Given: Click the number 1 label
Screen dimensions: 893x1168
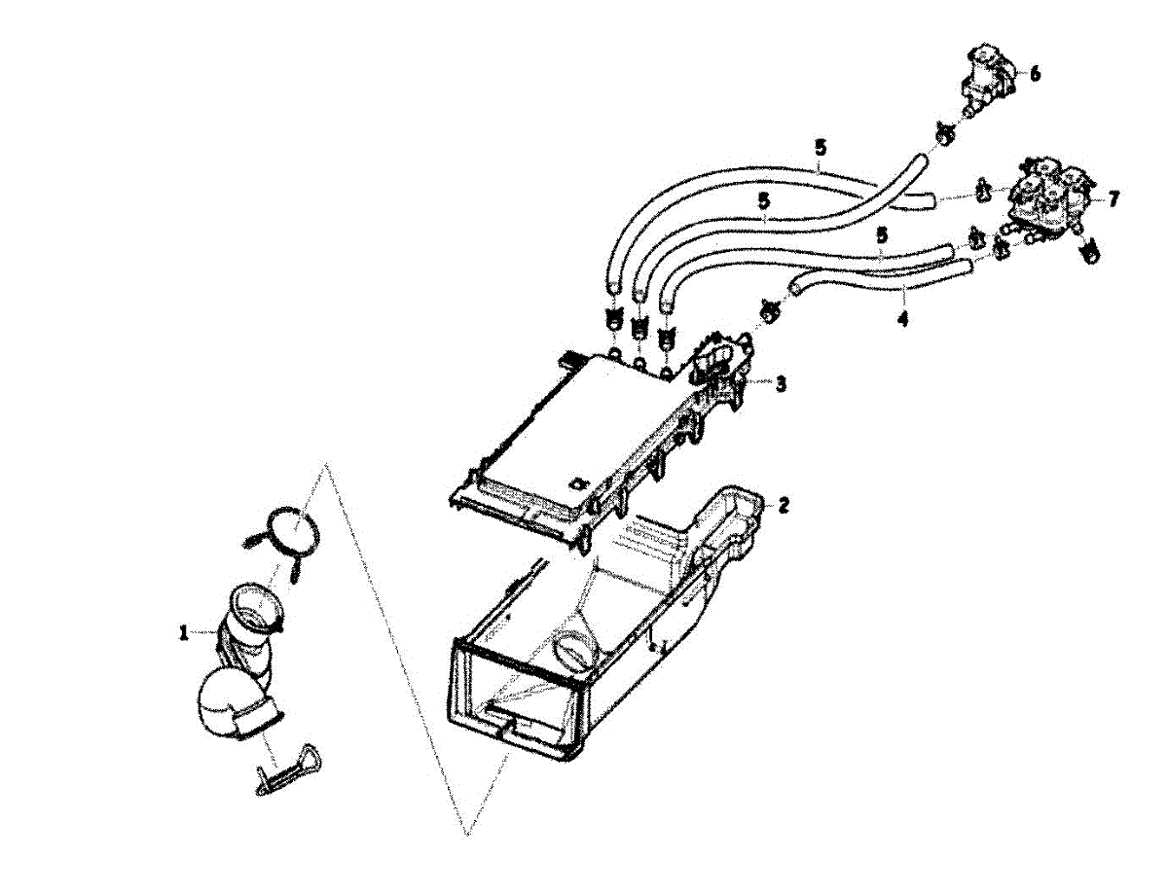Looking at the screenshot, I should coord(183,633).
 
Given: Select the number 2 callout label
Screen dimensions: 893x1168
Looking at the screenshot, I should coord(784,505).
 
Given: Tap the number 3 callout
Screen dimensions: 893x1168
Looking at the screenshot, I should coord(781,384).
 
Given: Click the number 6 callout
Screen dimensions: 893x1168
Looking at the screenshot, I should coord(1035,74).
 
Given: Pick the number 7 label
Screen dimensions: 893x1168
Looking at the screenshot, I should coord(1113,198).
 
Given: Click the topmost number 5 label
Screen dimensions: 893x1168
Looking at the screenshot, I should coord(821,149).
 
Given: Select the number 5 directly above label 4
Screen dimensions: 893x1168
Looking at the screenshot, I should coord(881,236).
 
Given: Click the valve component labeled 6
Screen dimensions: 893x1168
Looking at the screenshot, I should coord(988,78).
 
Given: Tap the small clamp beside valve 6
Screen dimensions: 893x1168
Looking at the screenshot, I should coord(943,133).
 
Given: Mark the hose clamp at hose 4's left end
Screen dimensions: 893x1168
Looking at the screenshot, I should coord(769,310).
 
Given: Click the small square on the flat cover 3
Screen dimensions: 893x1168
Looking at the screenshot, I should coord(578,482).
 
